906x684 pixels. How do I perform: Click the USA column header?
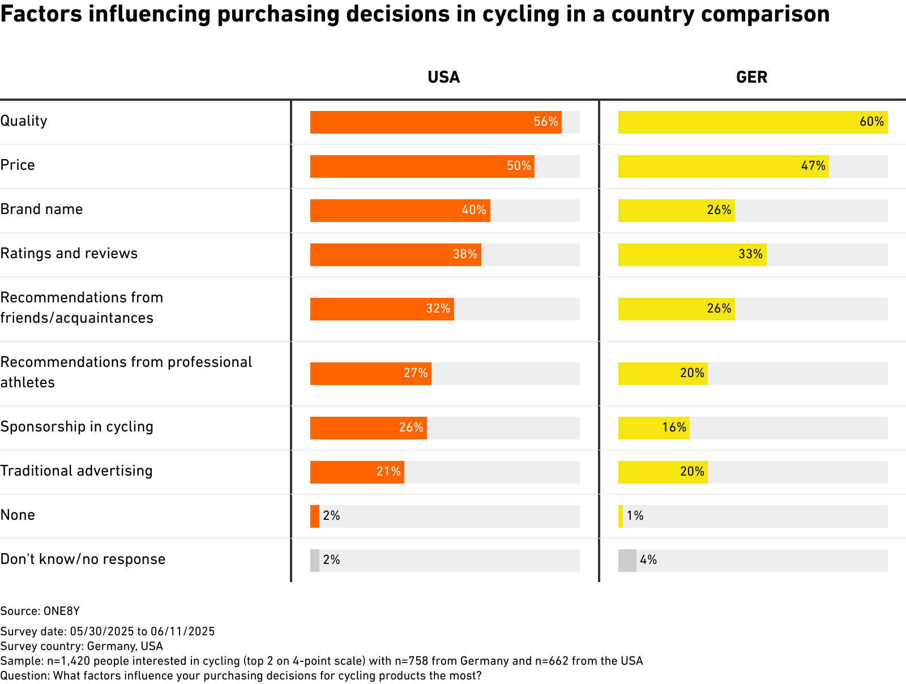coord(443,77)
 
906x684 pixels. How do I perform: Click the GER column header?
coord(751,77)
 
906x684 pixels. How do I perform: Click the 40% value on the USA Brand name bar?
coord(474,210)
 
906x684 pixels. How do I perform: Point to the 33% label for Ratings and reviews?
coord(750,254)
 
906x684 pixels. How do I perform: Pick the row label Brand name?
coord(42,210)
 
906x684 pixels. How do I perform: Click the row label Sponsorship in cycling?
coord(77,427)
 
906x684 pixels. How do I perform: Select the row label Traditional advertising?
coord(76,471)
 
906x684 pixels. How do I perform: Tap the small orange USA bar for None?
coord(315,516)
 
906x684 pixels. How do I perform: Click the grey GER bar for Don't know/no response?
coord(627,561)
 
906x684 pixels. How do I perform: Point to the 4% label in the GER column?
coord(648,560)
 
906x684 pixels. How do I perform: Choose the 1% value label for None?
coord(635,516)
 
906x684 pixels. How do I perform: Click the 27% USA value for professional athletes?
coord(416,373)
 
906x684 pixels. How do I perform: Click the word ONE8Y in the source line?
coord(62,611)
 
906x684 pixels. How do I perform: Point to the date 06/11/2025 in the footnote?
coord(182,631)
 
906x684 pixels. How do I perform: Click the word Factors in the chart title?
coord(41,14)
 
